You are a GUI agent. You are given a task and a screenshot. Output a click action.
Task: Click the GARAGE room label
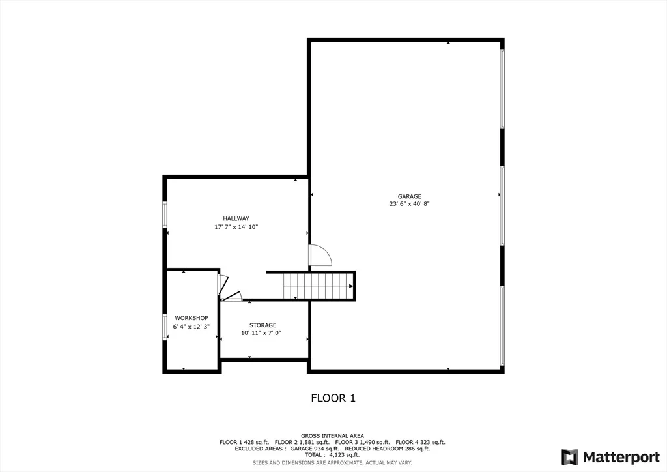point(409,196)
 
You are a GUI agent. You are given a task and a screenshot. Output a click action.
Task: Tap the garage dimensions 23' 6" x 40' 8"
point(409,204)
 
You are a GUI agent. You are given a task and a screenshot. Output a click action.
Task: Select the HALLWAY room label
point(236,219)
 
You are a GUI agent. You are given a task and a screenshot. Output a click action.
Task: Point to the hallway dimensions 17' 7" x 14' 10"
point(236,227)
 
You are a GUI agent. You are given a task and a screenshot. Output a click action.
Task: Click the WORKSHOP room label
point(192,318)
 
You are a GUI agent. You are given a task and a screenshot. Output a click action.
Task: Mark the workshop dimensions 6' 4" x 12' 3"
point(192,327)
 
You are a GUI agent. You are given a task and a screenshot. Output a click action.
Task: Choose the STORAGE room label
point(263,325)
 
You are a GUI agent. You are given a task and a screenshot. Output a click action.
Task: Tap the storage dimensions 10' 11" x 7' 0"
point(261,333)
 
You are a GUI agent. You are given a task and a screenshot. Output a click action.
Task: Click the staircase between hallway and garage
point(319,286)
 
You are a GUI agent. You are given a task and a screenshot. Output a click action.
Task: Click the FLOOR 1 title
point(333,398)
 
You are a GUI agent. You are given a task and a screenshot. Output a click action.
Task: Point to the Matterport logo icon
point(570,457)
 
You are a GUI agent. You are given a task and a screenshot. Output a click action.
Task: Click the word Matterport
point(621,458)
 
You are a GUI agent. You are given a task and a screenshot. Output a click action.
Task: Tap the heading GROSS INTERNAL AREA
point(332,436)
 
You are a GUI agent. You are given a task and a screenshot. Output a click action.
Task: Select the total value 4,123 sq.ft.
point(344,455)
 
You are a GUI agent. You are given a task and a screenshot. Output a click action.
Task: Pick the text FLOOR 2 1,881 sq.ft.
point(302,442)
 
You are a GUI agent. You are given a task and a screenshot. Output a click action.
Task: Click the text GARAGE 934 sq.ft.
point(315,449)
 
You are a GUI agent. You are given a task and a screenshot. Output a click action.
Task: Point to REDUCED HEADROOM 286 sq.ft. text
point(387,449)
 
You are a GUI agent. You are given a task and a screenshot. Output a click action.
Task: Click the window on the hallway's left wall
point(165,214)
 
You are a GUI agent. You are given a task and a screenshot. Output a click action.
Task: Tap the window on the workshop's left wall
point(165,327)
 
